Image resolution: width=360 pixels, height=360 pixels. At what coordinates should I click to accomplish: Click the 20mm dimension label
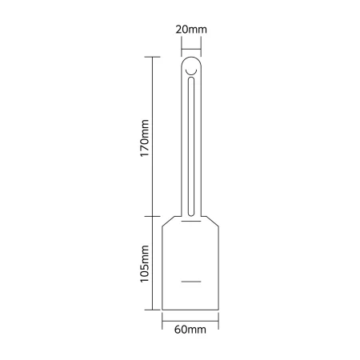[x=191, y=30]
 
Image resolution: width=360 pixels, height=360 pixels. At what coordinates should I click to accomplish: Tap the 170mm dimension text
[x=144, y=138]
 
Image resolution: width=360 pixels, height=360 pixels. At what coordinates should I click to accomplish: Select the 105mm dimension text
[x=144, y=264]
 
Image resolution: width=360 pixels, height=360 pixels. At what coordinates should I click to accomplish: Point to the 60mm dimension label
[x=190, y=330]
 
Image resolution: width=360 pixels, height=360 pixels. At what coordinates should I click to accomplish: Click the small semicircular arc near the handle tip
[x=191, y=73]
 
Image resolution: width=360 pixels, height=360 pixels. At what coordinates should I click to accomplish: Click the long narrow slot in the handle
[x=191, y=146]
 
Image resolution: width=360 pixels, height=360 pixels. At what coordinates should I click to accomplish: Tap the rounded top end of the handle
[x=191, y=57]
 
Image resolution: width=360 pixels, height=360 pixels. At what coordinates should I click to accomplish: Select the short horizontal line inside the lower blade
[x=191, y=282]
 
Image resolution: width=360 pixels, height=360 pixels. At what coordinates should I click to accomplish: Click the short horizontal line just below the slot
[x=191, y=221]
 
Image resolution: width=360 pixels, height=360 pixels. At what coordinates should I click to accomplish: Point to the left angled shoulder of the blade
[x=168, y=222]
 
